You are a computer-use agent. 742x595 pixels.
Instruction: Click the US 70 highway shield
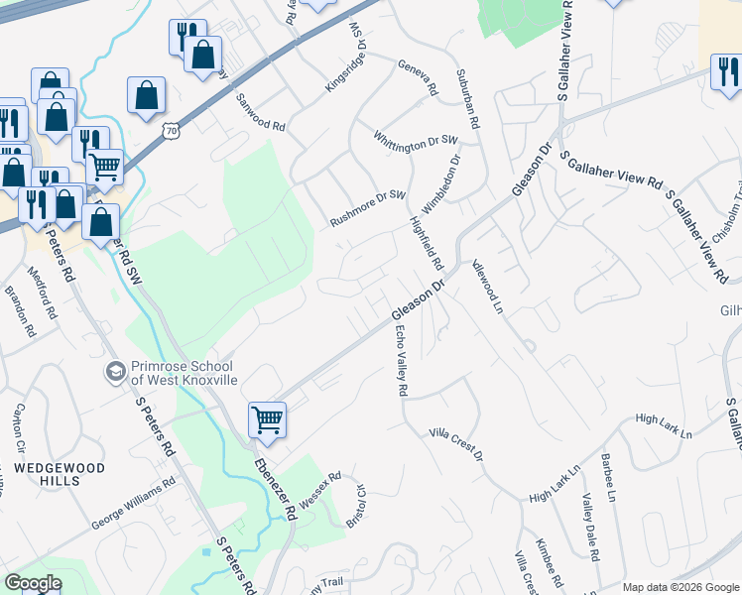pos(173,130)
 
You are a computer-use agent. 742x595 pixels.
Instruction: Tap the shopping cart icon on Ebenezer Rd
pos(268,419)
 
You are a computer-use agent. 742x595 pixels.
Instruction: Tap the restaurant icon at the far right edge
pos(726,72)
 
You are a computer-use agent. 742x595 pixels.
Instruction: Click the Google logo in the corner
pos(33,583)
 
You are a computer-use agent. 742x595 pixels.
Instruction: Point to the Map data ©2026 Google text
pos(680,587)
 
